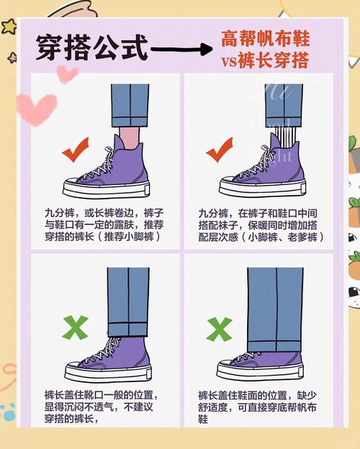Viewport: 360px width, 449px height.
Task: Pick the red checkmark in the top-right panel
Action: [x=218, y=153]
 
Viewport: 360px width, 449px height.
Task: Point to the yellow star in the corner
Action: [x=9, y=27]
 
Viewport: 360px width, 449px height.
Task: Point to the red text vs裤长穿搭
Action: [x=265, y=61]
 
